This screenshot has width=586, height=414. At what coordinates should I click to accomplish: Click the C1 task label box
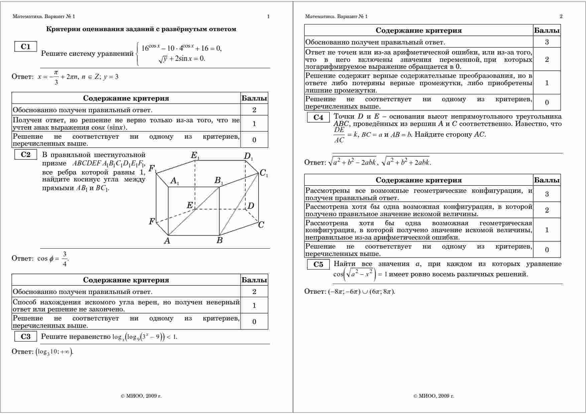click(x=25, y=47)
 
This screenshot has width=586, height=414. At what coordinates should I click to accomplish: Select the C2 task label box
click(x=25, y=154)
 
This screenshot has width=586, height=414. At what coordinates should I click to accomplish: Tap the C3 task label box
click(x=25, y=336)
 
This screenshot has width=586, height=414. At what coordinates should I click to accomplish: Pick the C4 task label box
click(x=318, y=117)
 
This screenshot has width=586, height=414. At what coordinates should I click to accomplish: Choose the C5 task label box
click(x=318, y=265)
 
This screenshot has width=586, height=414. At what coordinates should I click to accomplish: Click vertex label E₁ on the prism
click(x=195, y=155)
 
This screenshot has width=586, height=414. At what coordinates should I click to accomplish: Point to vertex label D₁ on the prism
click(x=248, y=156)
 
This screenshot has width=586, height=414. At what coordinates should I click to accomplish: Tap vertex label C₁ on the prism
click(x=264, y=173)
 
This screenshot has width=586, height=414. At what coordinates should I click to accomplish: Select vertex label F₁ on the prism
click(x=153, y=169)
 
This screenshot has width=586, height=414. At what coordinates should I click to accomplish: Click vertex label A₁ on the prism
click(x=175, y=181)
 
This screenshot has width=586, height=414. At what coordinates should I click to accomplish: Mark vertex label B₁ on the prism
click(x=218, y=181)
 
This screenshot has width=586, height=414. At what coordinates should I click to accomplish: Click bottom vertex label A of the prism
click(x=167, y=241)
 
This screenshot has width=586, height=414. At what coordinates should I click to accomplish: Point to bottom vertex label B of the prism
click(x=219, y=240)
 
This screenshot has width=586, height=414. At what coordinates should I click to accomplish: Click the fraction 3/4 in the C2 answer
click(x=64, y=259)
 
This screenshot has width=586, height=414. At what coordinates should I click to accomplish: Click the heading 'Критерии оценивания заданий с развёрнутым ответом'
click(x=141, y=29)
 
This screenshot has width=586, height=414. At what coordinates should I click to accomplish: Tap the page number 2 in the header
click(x=561, y=16)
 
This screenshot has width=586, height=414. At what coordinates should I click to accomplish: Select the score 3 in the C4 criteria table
click(x=547, y=194)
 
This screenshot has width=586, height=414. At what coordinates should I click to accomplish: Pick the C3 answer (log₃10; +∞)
click(x=54, y=352)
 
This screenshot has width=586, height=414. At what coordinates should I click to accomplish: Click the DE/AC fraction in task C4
click(x=339, y=135)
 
